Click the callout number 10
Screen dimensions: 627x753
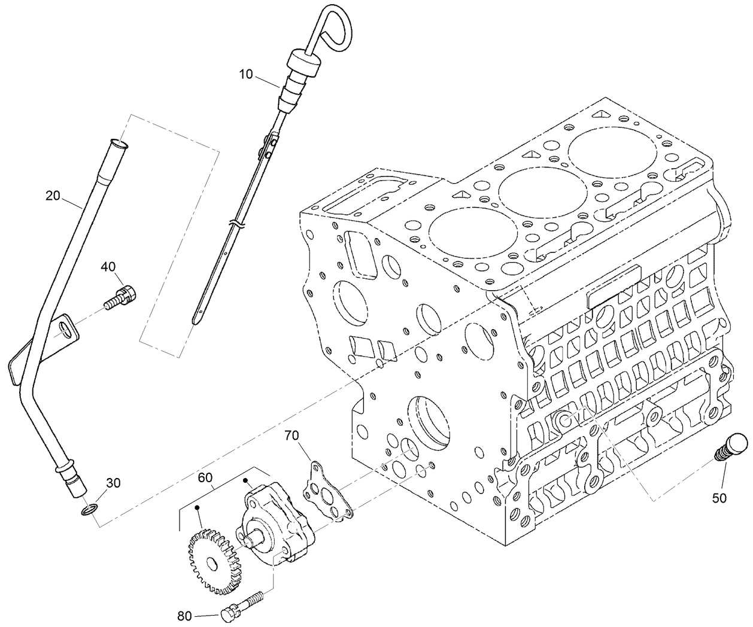point(246,74)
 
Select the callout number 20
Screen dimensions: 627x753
point(53,195)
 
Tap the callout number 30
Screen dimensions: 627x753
point(113,483)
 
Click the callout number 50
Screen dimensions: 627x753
point(719,497)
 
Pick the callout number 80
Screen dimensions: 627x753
point(186,614)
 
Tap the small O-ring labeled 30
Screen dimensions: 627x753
point(87,510)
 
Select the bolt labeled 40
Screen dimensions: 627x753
point(120,297)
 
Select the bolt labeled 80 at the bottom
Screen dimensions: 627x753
point(239,606)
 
